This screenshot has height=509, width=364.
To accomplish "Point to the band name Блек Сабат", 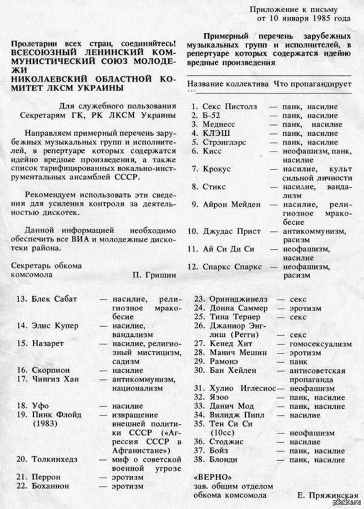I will [x=55, y=299].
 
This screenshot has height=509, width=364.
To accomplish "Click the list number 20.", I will [x=21, y=459].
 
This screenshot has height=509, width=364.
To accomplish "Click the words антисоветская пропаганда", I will [x=317, y=375].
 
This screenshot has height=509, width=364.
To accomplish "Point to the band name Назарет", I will [x=48, y=343].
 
